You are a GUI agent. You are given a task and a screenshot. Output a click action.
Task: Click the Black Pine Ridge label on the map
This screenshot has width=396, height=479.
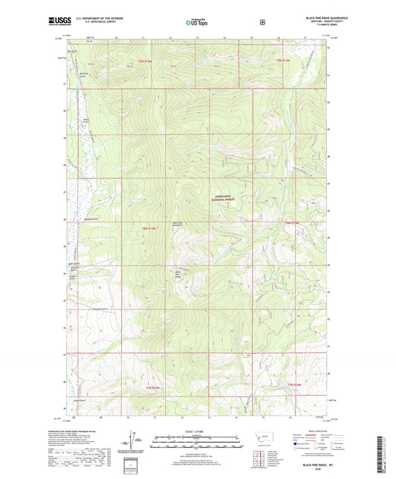pyautogui.click(x=179, y=274)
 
